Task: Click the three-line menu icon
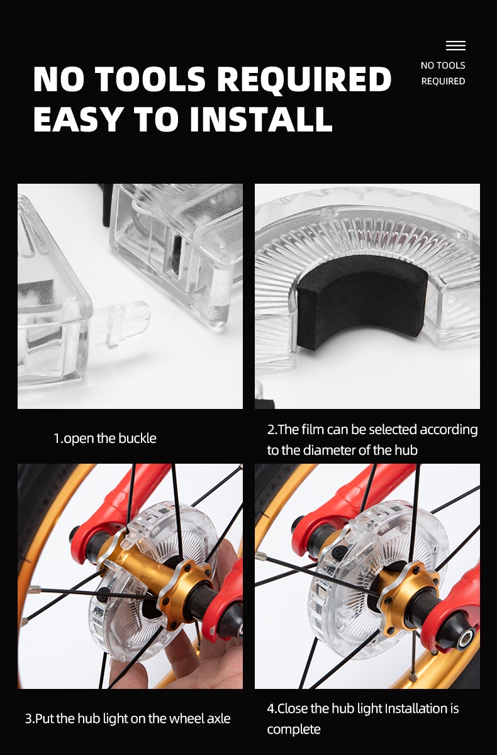[x=455, y=45]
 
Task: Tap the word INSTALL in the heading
[x=261, y=119]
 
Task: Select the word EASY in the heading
[x=77, y=119]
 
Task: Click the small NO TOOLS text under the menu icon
[x=443, y=65]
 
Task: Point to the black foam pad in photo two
[x=362, y=301]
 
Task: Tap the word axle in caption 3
[x=219, y=719]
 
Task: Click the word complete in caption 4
[x=294, y=729]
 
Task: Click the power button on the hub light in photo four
[x=337, y=553]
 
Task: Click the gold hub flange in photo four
[x=410, y=593]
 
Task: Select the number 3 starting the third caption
[x=28, y=719]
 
